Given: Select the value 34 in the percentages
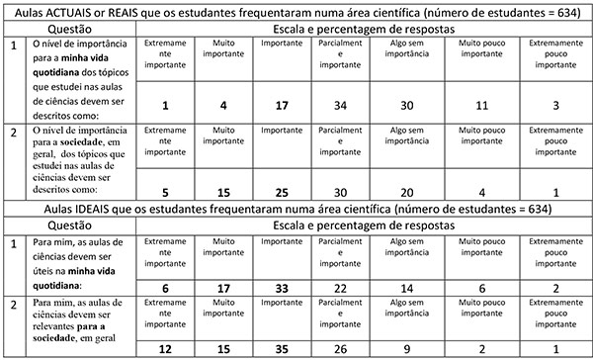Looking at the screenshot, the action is pyautogui.click(x=340, y=106).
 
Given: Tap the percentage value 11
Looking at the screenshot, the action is pyautogui.click(x=480, y=106).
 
